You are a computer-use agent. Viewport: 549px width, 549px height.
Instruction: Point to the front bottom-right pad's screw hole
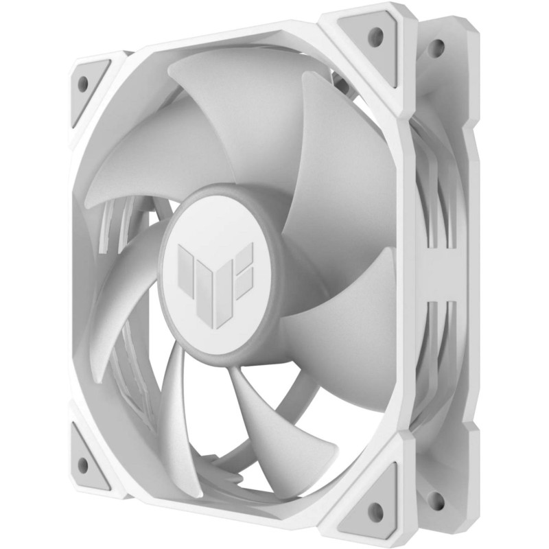click(x=375, y=510)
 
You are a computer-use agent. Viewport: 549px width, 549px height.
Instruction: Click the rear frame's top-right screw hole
click(x=436, y=47)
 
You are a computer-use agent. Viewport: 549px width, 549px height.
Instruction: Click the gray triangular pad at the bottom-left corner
click(x=87, y=461)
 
